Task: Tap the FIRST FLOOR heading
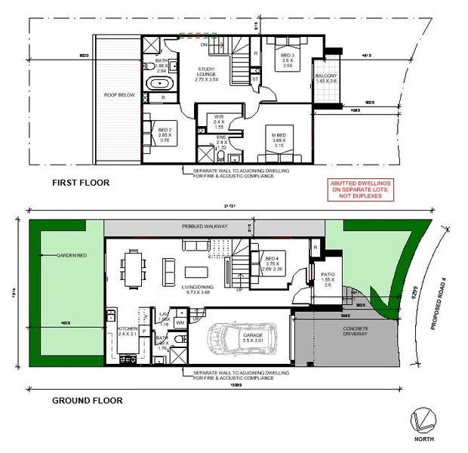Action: tap(80, 183)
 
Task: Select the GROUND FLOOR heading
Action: tap(88, 401)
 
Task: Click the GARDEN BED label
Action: tap(72, 256)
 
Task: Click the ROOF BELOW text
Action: tap(120, 96)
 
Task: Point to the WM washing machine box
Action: tap(180, 322)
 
